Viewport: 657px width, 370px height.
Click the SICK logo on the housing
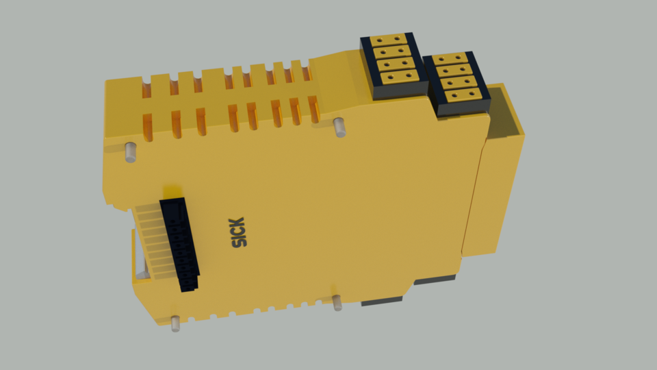[237, 232]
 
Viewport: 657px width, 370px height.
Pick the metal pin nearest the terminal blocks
[339, 127]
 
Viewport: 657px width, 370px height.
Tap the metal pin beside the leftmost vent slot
[129, 151]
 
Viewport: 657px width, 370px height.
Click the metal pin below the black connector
[175, 323]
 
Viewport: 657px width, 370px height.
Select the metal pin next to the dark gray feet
[337, 302]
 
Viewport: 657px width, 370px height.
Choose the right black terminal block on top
[456, 83]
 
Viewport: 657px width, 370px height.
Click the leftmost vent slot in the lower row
[147, 127]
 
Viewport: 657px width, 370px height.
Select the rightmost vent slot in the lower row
[314, 110]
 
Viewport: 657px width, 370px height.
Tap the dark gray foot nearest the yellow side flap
[434, 280]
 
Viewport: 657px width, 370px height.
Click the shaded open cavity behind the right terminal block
[507, 113]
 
